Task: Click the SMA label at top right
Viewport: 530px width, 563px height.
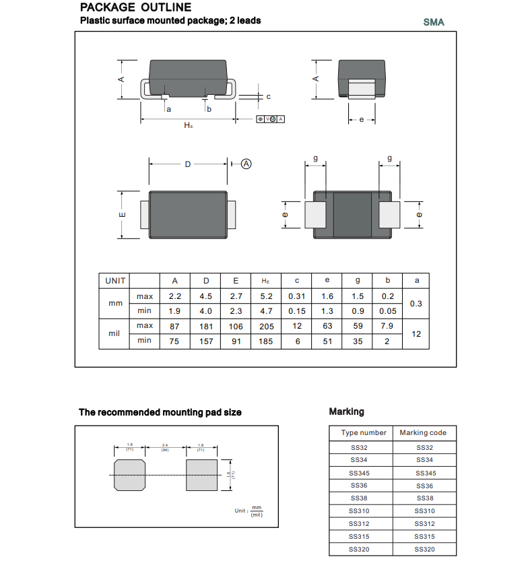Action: click(434, 22)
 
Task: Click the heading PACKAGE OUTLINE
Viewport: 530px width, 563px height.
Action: click(135, 8)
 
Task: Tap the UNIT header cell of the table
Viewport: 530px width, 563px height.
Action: click(113, 281)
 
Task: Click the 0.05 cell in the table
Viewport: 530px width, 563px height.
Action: click(387, 311)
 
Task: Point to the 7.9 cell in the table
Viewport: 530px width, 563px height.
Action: click(387, 326)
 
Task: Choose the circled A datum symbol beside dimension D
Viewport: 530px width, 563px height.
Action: click(246, 164)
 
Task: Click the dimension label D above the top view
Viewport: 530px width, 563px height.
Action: click(189, 164)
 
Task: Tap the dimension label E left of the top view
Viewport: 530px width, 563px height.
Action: click(123, 214)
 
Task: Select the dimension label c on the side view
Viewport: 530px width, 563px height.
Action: click(268, 97)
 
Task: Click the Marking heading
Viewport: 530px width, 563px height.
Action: click(346, 411)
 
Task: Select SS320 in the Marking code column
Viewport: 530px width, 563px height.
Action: click(425, 549)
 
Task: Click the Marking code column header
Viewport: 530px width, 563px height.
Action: click(423, 433)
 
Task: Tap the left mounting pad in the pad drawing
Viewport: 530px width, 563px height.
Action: click(130, 475)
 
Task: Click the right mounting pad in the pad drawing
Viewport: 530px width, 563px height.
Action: click(201, 475)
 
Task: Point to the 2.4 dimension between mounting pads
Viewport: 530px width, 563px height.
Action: click(165, 446)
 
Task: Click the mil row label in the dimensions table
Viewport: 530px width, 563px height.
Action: click(113, 333)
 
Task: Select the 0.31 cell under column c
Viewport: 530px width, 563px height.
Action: click(296, 296)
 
